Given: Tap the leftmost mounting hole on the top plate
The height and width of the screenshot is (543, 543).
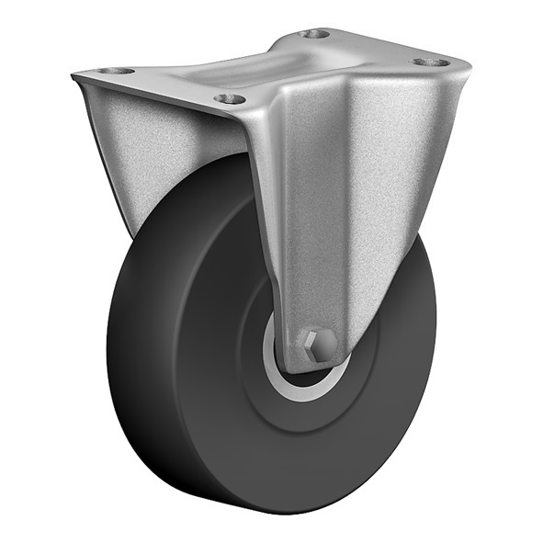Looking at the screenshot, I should pyautogui.click(x=117, y=71).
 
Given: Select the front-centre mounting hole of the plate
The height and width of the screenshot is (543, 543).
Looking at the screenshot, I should pyautogui.click(x=230, y=98).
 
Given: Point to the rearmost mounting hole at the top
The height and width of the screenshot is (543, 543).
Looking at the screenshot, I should pyautogui.click(x=315, y=34).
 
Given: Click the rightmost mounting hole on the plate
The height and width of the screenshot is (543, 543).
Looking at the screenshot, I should pyautogui.click(x=430, y=62).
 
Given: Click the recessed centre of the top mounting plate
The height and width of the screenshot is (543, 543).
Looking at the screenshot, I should pyautogui.click(x=276, y=64).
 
